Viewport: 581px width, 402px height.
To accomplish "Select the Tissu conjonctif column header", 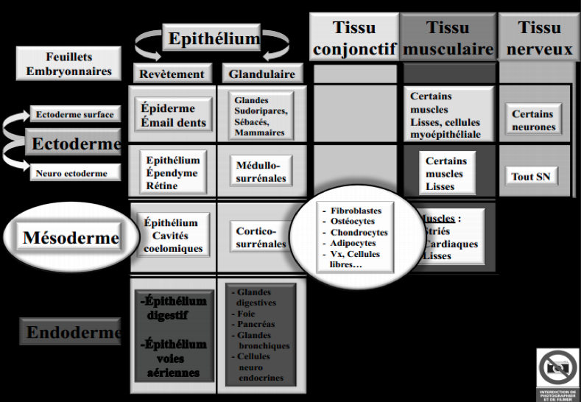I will click(x=354, y=38).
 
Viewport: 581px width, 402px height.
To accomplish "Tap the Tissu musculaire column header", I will click(x=448, y=38).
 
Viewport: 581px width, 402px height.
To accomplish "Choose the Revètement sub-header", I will click(x=172, y=74).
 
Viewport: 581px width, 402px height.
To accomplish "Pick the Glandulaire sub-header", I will click(x=261, y=74).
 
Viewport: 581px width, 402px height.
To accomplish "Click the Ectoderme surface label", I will click(x=74, y=115).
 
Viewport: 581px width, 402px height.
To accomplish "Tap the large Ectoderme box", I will click(x=74, y=144).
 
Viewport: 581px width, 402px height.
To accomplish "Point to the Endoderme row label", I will click(x=72, y=333).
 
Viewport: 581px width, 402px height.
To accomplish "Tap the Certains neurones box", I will click(x=534, y=121).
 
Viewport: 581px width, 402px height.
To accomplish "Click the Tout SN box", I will click(x=531, y=177).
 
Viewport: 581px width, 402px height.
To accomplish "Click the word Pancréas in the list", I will click(x=257, y=323).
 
